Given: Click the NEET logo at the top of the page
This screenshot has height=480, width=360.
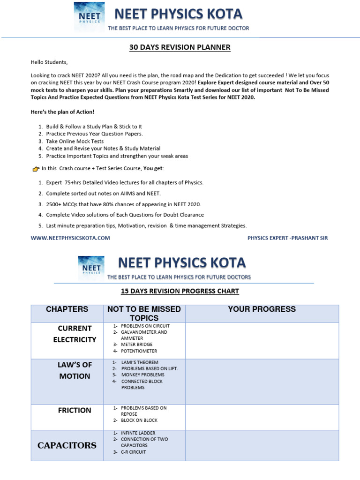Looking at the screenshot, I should click(x=89, y=17).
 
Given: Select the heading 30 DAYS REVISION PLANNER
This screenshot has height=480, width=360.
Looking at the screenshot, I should click(x=180, y=47).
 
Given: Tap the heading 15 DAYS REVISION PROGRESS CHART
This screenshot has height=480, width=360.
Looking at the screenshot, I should click(x=180, y=291).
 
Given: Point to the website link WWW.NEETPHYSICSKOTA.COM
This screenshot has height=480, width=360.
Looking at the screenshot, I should click(x=70, y=238).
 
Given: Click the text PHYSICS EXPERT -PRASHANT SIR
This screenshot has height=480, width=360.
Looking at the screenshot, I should click(x=287, y=238).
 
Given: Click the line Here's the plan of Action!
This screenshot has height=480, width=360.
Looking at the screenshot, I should click(x=62, y=112).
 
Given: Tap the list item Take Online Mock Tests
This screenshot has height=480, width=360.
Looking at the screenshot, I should click(x=75, y=141).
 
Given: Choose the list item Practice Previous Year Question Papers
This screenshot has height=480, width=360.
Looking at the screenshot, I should click(x=94, y=134).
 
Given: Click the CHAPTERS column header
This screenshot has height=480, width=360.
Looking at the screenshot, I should click(x=67, y=309).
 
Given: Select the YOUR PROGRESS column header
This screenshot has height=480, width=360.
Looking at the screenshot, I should click(x=262, y=309).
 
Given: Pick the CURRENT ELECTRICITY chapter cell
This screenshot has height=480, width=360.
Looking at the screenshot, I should click(x=75, y=334).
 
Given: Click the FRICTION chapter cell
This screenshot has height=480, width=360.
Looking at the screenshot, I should click(x=75, y=410).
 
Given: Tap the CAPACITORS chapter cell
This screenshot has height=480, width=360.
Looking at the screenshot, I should click(x=67, y=445).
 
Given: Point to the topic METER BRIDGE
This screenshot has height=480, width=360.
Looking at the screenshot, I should click(x=136, y=345).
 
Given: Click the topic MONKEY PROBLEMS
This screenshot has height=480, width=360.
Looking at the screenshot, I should click(x=142, y=375).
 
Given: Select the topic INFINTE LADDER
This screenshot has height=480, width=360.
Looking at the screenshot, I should click(x=138, y=433).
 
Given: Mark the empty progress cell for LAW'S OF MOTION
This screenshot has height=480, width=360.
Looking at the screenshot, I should click(x=262, y=382).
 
